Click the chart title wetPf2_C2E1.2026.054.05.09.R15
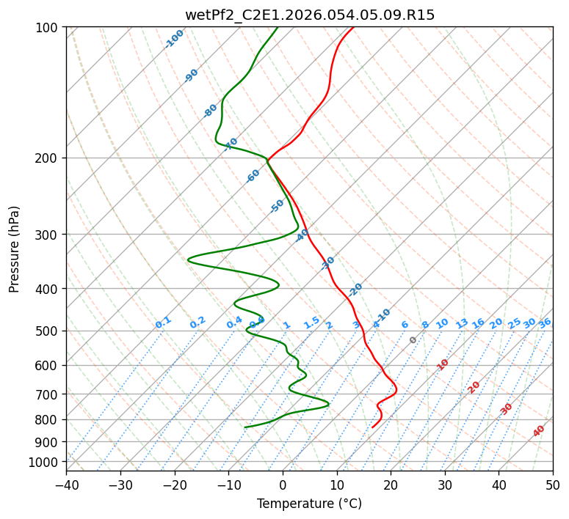309,15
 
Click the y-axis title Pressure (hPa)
14,249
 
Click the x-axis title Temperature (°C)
309,504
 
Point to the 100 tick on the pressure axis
48,27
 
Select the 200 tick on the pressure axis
48,158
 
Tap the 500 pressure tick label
48,331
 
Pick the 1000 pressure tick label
46,462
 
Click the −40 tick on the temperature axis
66,485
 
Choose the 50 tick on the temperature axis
553,485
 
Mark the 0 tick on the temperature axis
283,485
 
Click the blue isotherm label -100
174,39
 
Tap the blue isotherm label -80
211,110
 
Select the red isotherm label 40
539,431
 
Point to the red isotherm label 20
474,386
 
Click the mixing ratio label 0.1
163,323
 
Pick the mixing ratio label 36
545,323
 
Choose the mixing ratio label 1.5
311,323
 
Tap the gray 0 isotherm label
413,340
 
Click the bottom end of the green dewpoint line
245,427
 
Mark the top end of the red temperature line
352,27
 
